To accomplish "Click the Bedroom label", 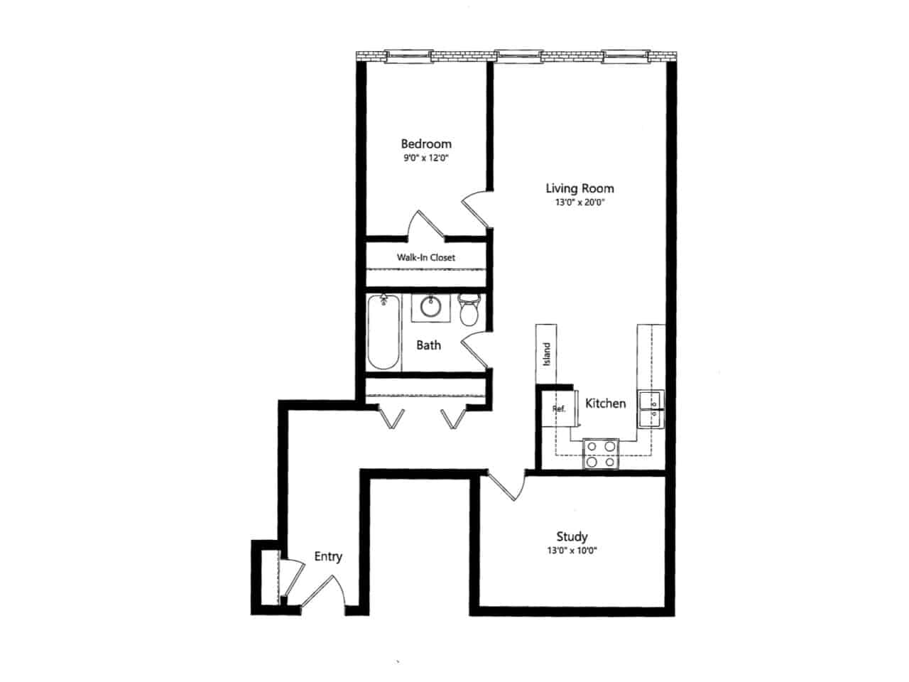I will pyautogui.click(x=425, y=144).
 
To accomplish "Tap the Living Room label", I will pyautogui.click(x=579, y=188).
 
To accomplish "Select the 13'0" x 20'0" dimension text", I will pyautogui.click(x=579, y=202).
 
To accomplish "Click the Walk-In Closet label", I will pyautogui.click(x=425, y=257).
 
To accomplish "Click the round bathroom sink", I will pyautogui.click(x=430, y=307).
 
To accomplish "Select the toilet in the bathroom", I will pyautogui.click(x=469, y=310).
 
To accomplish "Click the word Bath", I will pyautogui.click(x=428, y=345).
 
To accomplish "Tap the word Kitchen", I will pyautogui.click(x=605, y=404).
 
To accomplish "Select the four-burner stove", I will pyautogui.click(x=601, y=454).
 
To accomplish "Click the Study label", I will pyautogui.click(x=572, y=536).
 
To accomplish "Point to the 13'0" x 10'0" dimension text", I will pyautogui.click(x=572, y=551).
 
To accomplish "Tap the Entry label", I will pyautogui.click(x=328, y=556).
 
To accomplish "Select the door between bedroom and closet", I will pyautogui.click(x=425, y=226).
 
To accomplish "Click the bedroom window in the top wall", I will pyautogui.click(x=408, y=54).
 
